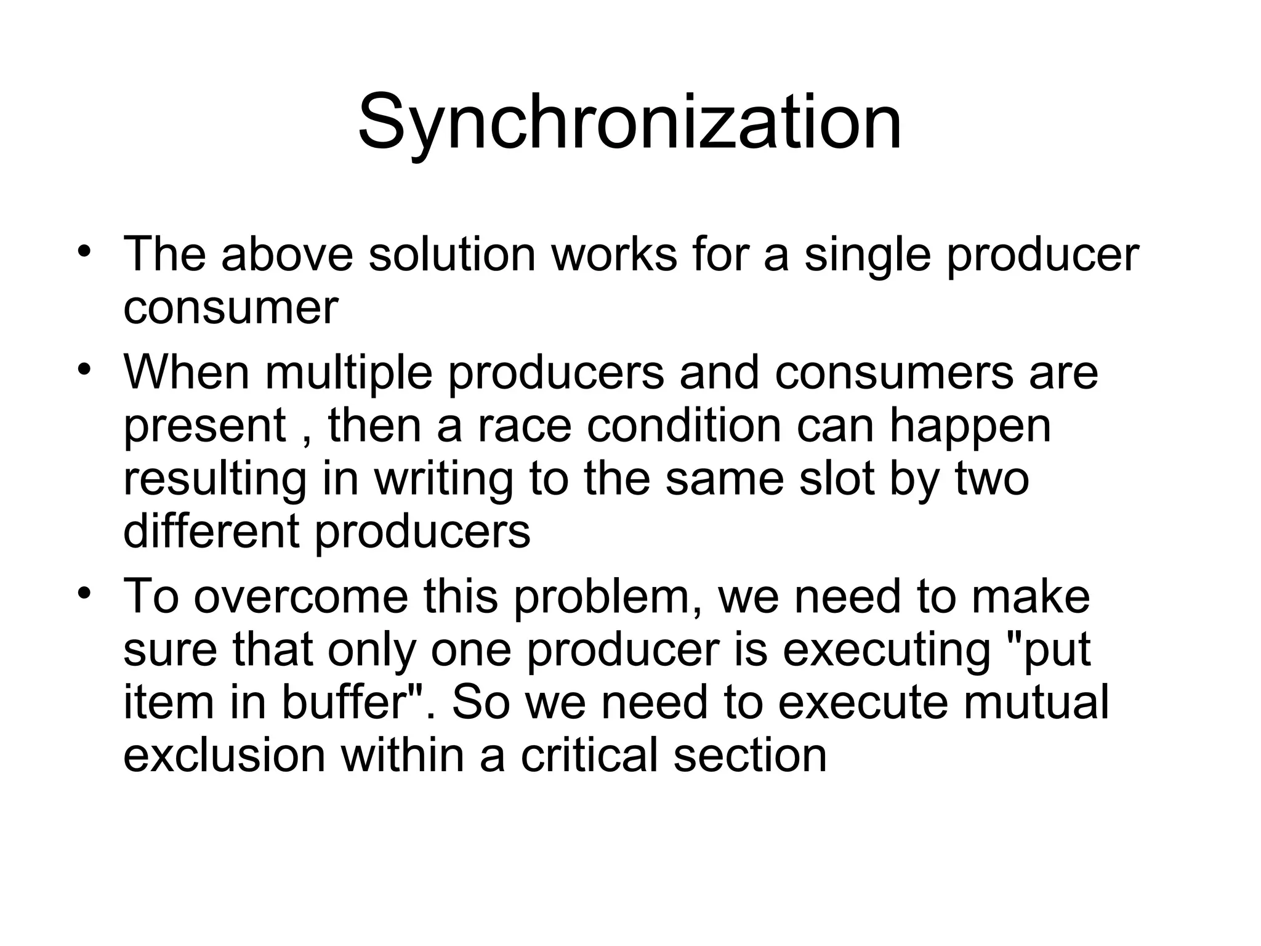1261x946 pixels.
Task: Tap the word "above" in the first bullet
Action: coord(287,254)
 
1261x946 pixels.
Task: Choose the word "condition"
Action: coord(684,426)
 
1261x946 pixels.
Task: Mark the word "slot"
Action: coord(837,479)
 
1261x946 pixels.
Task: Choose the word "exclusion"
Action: coord(224,755)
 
